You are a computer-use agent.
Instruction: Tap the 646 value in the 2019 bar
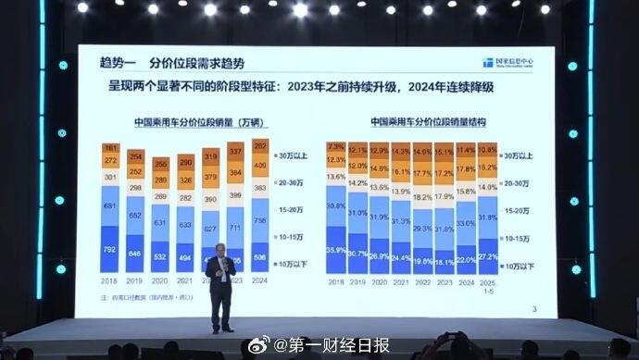click(x=136, y=252)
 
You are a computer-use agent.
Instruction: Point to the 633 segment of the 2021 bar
click(x=185, y=224)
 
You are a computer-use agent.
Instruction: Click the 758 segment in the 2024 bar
click(x=260, y=219)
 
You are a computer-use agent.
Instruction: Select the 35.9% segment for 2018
click(x=336, y=249)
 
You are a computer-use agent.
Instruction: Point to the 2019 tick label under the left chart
click(x=136, y=280)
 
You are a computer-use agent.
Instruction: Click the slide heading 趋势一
click(x=119, y=63)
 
